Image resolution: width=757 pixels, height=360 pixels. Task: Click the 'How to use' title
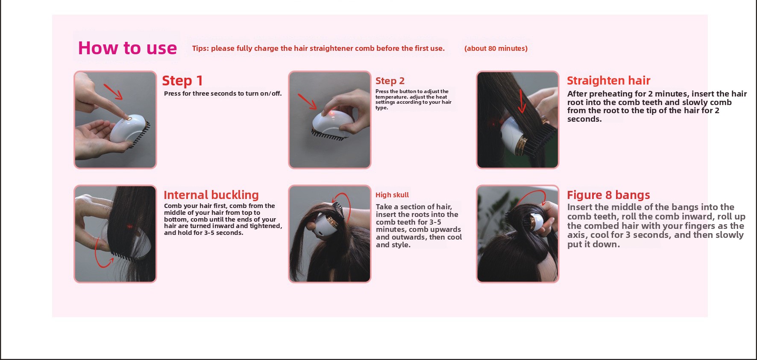point(127,48)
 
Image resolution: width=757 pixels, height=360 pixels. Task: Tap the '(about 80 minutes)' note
point(496,48)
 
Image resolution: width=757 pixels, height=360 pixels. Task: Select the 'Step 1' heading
point(182,81)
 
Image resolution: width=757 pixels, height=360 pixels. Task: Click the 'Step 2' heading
point(390,81)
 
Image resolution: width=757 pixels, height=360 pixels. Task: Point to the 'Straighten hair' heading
point(609,80)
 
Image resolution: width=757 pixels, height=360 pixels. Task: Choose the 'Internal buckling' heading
point(211,195)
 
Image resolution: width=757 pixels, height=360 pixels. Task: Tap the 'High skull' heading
point(392,195)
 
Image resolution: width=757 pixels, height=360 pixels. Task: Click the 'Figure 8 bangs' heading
point(608,195)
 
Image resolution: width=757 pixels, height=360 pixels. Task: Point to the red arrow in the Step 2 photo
point(308,102)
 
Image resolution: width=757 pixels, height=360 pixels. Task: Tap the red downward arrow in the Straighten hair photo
point(522,101)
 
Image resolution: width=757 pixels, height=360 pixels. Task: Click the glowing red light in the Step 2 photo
point(331,113)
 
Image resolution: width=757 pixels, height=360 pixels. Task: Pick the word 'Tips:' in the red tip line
point(201,48)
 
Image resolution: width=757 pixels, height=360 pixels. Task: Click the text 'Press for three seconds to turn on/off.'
point(223,94)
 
